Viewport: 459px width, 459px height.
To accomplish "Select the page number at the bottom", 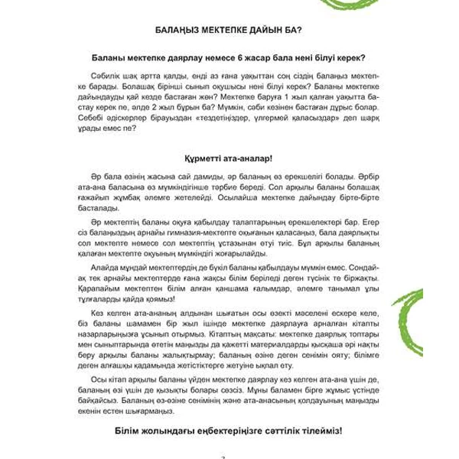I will [x=223, y=456].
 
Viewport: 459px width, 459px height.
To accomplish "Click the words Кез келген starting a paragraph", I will [x=113, y=313].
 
